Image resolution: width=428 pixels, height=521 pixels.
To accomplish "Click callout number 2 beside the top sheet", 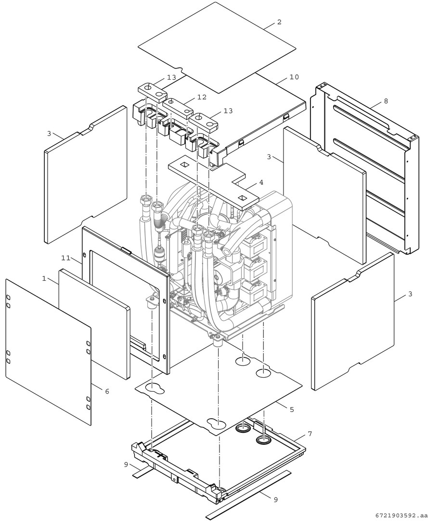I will tap(279, 22).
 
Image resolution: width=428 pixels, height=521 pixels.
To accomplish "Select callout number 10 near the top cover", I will tap(293, 77).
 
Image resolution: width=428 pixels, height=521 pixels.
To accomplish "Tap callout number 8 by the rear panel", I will tap(386, 101).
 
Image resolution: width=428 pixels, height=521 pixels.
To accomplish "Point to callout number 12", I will tap(201, 97).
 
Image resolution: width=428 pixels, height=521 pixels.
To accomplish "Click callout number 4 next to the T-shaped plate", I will tap(261, 182).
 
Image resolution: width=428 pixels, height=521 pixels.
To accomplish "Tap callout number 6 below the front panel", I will tap(106, 391).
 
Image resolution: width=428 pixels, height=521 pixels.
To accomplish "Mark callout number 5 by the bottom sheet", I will tap(291, 409).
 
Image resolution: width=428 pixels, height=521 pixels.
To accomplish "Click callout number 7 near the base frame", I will tap(310, 434).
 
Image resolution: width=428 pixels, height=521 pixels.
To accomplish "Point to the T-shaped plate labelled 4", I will tap(212, 181).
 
